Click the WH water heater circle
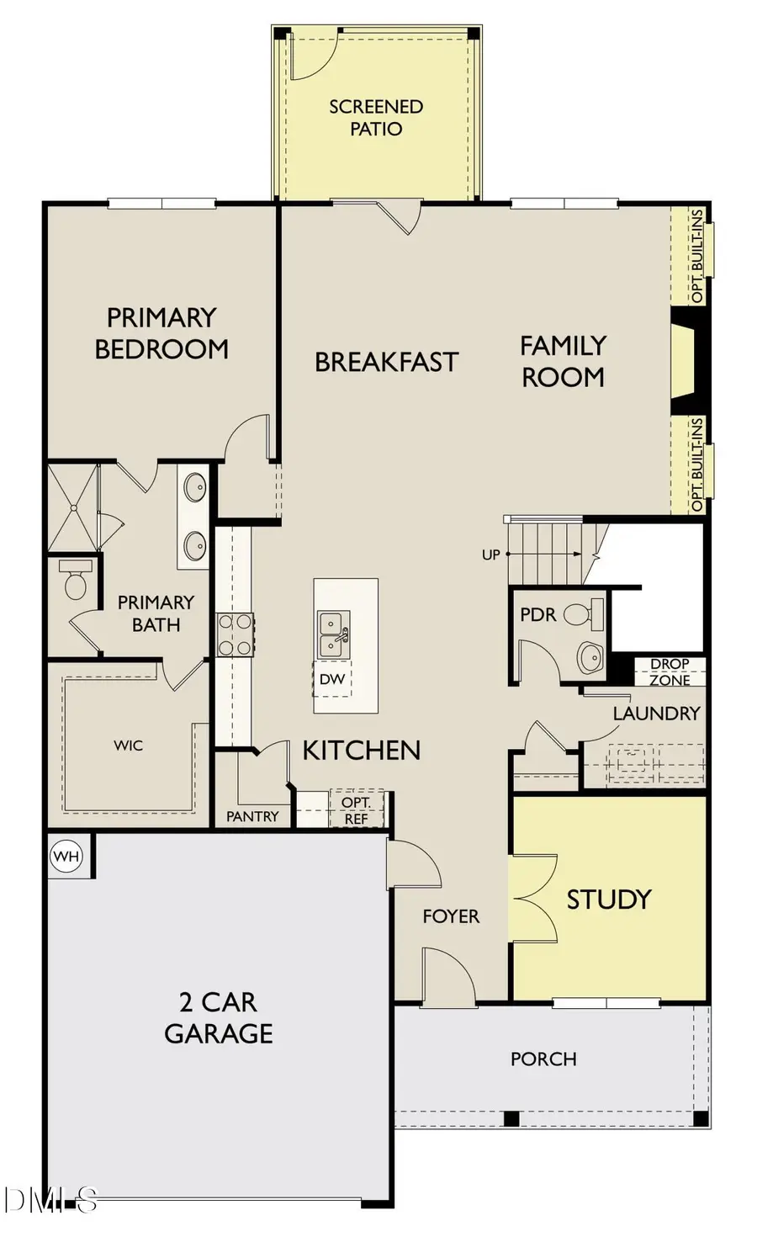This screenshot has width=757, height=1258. (x=66, y=857)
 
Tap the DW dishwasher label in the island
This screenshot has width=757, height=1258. (x=332, y=678)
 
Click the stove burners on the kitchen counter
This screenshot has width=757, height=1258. (x=236, y=634)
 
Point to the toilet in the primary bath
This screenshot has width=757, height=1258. (x=75, y=582)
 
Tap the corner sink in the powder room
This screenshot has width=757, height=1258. (x=590, y=656)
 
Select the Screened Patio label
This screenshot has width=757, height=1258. (x=376, y=118)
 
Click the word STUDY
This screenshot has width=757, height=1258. (x=609, y=900)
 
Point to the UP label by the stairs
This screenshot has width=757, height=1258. (x=491, y=555)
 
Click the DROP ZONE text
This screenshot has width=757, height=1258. (x=670, y=671)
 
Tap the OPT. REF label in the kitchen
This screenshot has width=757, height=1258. (x=356, y=810)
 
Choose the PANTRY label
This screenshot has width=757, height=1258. (x=252, y=816)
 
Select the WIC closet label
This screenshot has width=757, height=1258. (x=128, y=746)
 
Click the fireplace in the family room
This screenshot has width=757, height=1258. (x=683, y=360)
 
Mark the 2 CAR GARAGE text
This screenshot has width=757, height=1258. (x=219, y=1017)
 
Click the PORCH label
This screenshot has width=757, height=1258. (x=543, y=1059)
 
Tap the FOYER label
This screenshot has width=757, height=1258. (x=451, y=916)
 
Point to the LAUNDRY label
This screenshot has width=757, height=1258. (x=656, y=714)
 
